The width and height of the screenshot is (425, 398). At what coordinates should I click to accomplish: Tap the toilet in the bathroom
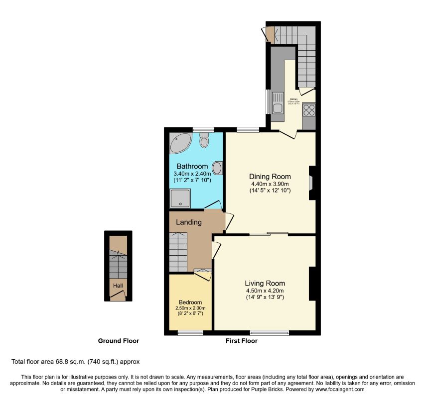point(203,141)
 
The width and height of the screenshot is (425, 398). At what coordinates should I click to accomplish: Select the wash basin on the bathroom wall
point(218,168)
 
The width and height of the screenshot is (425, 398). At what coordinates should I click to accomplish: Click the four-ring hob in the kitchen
point(308,109)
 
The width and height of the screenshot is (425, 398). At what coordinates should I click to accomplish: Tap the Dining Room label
point(270,177)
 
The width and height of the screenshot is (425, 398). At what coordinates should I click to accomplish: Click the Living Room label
point(265,284)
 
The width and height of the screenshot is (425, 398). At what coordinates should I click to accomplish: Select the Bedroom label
point(190,302)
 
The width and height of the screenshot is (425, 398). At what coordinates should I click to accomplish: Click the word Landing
point(189,222)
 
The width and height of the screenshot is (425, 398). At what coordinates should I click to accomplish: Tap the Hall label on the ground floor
point(118,286)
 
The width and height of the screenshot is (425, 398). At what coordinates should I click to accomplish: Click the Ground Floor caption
point(118,341)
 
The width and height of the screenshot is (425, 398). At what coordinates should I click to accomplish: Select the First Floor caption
point(241,341)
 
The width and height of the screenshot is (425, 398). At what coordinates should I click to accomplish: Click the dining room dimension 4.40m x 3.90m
point(270,184)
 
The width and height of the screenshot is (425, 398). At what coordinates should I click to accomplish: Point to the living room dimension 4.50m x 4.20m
point(265,291)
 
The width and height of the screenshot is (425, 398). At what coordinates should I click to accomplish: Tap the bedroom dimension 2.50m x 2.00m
point(190,308)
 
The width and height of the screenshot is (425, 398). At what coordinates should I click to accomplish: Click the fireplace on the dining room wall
point(311,183)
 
